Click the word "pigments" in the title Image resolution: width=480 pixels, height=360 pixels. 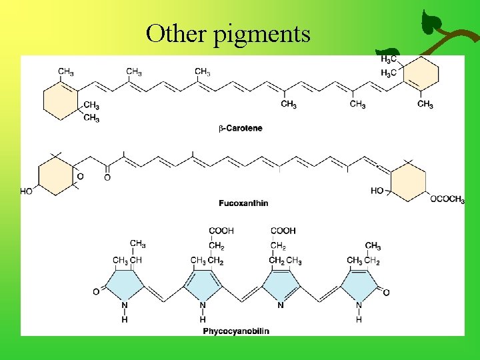coord(263,33)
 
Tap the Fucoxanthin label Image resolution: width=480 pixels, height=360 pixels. coord(244,203)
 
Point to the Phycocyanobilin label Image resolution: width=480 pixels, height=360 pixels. coord(236,331)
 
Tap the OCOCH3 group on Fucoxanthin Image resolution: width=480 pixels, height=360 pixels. coord(447,199)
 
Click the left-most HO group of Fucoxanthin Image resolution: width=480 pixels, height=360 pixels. coord(26,191)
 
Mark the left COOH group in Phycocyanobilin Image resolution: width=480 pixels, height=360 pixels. coord(221,231)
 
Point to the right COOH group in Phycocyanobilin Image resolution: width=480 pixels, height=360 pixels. coord(283,231)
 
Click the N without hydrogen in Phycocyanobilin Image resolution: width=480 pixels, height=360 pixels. coord(281,305)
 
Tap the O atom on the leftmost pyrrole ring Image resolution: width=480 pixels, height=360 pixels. coord(96,291)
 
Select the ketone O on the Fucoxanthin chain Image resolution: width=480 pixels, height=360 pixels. coord(107,177)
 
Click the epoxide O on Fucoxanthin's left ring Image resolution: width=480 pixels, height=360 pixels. coord(80,176)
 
